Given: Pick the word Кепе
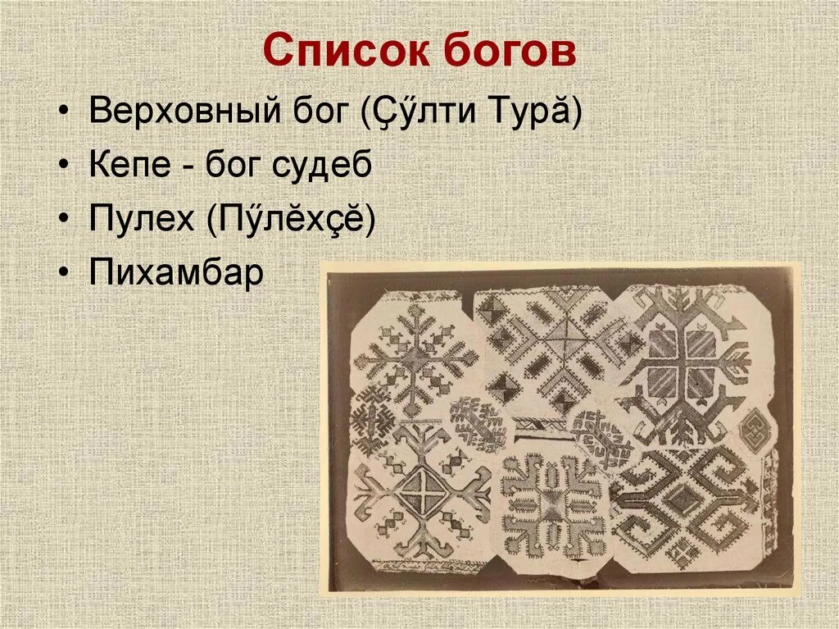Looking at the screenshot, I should click(129, 166).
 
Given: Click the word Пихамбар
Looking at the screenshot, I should click(176, 273).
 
